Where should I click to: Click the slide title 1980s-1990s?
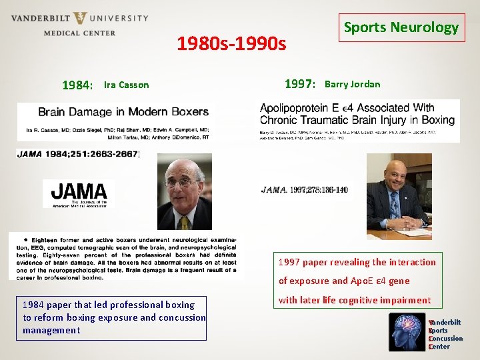pyautogui.click(x=231, y=45)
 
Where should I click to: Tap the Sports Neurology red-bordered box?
pyautogui.click(x=401, y=28)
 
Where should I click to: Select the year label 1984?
pyautogui.click(x=77, y=85)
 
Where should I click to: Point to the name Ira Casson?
pyautogui.click(x=127, y=85)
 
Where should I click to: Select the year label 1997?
pyautogui.click(x=299, y=84)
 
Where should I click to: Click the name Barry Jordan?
pyautogui.click(x=352, y=84)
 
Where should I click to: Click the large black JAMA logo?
pyautogui.click(x=79, y=193)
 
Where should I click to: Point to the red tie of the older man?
pyautogui.click(x=183, y=221)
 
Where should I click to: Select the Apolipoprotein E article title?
pyautogui.click(x=357, y=114)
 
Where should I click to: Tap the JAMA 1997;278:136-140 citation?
pyautogui.click(x=305, y=190)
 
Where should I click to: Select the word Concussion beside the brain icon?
pyautogui.click(x=446, y=339)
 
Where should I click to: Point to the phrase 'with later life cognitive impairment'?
pyautogui.click(x=355, y=300)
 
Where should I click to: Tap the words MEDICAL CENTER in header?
pyautogui.click(x=79, y=33)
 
